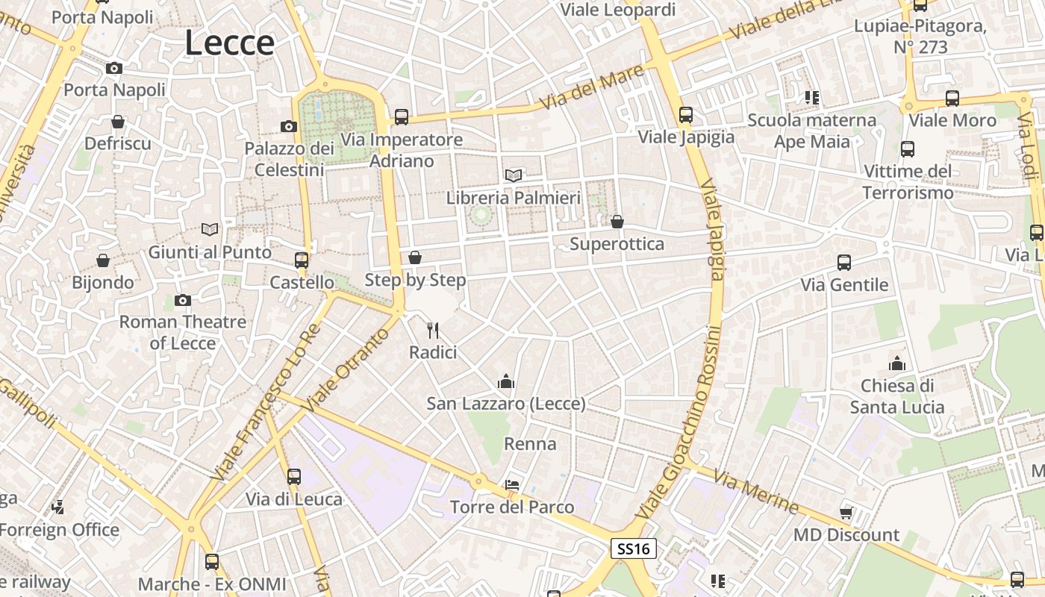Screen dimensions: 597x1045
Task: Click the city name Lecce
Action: click(229, 43)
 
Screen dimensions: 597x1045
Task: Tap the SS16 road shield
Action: click(634, 549)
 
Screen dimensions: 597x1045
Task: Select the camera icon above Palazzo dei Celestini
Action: click(289, 126)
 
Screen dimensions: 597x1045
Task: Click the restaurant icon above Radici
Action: click(433, 330)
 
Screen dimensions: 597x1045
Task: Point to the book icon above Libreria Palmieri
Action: click(513, 175)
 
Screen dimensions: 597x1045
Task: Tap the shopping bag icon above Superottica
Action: click(617, 222)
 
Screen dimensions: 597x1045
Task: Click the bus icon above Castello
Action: click(302, 260)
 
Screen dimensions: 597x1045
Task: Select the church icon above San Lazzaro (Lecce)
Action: click(506, 381)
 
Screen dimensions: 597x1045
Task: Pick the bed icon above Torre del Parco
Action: click(512, 485)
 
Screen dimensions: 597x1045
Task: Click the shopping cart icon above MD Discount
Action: click(846, 513)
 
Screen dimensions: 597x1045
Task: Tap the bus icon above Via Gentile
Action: click(844, 263)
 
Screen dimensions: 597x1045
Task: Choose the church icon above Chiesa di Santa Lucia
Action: click(897, 363)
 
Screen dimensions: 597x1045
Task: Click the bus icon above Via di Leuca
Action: click(294, 476)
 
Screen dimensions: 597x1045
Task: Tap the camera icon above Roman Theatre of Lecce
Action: click(183, 300)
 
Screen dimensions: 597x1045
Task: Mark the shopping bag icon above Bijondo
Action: click(103, 260)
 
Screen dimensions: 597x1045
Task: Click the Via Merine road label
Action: click(755, 493)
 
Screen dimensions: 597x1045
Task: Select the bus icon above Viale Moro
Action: click(952, 98)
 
